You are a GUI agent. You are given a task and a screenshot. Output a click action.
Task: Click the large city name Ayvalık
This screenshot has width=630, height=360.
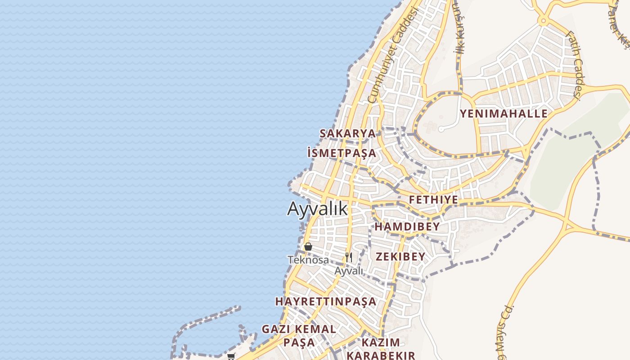318,209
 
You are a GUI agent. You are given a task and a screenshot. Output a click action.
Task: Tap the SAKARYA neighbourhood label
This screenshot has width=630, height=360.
347,133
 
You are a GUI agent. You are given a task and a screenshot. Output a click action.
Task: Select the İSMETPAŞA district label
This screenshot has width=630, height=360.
342,153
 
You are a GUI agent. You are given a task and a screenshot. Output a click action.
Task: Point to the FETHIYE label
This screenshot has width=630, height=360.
433,200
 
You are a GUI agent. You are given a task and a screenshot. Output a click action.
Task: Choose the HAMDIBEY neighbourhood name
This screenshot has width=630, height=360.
407,227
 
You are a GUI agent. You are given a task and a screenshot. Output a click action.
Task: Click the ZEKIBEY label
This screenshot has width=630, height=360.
400,256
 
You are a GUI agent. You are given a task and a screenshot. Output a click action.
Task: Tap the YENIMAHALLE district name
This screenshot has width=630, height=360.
504,113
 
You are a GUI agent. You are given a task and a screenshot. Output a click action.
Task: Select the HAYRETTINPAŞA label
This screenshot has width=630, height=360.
326,301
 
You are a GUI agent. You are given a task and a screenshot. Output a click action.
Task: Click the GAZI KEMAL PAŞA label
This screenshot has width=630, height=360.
299,336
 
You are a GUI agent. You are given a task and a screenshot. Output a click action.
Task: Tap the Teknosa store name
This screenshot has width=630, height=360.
308,260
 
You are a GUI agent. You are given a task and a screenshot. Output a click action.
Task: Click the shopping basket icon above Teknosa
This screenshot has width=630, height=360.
308,247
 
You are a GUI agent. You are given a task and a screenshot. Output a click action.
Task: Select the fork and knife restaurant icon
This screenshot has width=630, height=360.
349,257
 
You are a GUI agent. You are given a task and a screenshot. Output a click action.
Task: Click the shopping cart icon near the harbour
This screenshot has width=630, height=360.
231,356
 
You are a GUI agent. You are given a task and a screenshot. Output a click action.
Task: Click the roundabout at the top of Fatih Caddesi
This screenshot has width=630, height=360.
544,21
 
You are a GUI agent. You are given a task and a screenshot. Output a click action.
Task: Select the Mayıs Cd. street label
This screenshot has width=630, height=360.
504,333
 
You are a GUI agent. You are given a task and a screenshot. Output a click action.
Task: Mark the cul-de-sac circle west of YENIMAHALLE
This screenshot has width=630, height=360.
441,130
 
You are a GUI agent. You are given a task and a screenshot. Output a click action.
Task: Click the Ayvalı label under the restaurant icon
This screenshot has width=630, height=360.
349,271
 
